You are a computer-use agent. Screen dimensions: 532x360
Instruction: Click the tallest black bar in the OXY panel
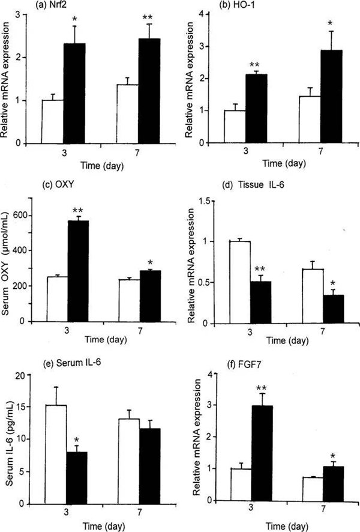click(80, 271)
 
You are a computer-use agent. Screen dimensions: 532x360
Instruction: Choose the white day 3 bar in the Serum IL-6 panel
click(56, 447)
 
